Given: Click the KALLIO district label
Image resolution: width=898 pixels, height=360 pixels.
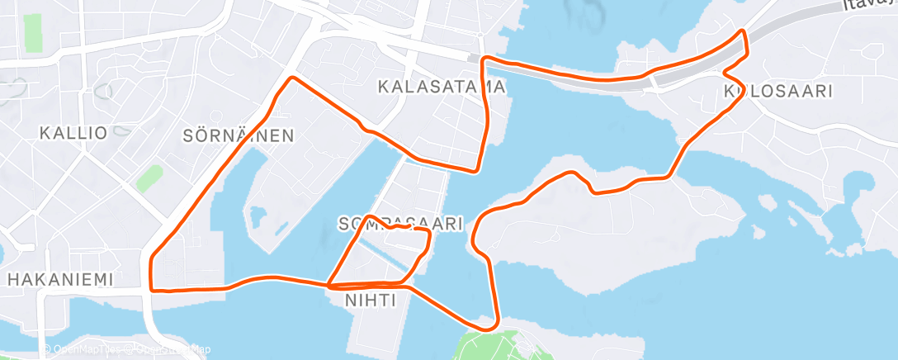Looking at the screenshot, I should [x=73, y=133].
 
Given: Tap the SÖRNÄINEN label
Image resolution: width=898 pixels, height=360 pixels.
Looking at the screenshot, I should [x=239, y=135].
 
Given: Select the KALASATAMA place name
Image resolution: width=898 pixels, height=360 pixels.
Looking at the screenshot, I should [x=442, y=86].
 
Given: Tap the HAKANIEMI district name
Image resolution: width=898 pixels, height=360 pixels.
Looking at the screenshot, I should [x=59, y=280].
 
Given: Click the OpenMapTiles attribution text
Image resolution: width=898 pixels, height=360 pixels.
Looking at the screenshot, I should [x=86, y=350].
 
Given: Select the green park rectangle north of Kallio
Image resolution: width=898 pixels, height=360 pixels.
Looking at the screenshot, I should [x=33, y=31].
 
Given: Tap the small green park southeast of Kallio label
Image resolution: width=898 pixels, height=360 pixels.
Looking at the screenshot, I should [x=149, y=178].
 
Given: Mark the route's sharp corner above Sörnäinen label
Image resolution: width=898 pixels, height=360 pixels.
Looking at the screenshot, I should [x=291, y=78].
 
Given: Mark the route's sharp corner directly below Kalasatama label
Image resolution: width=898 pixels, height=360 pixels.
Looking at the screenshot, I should [x=476, y=171].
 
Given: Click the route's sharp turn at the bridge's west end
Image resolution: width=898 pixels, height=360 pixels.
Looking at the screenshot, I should [x=484, y=59].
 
